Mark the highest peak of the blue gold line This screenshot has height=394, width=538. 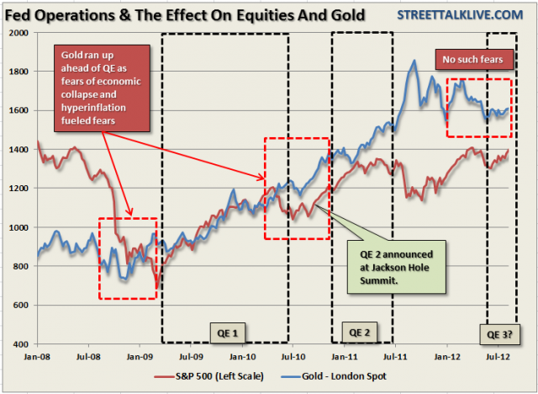coord(414,61)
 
